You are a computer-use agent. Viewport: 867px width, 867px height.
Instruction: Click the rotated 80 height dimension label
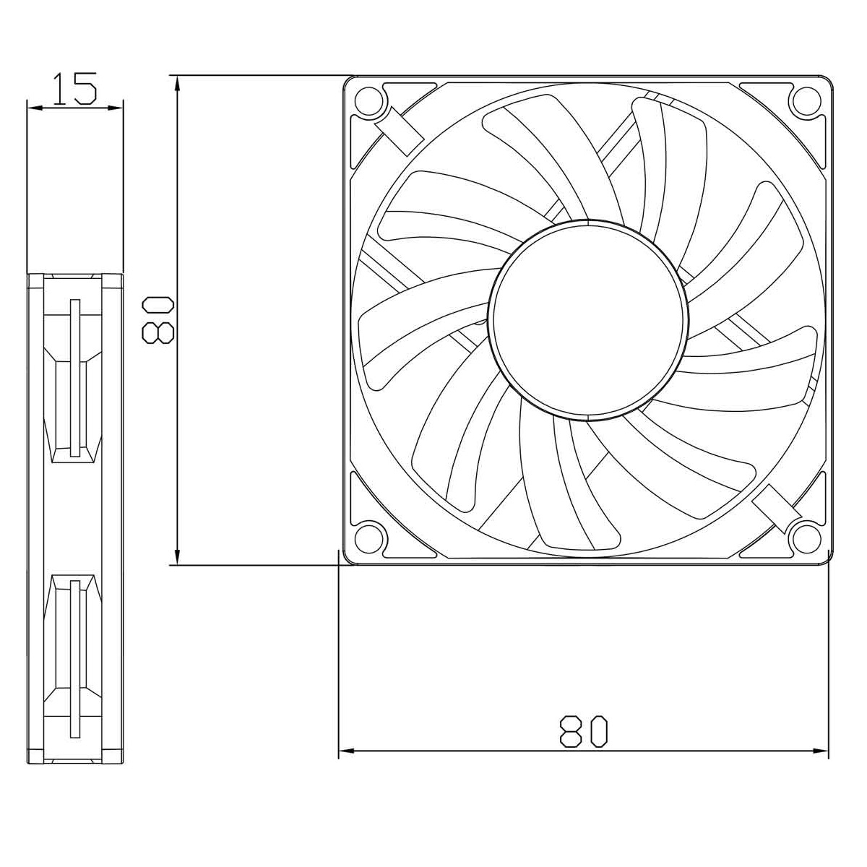pyautogui.click(x=158, y=321)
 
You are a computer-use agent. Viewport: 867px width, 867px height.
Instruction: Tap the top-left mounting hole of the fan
pyautogui.click(x=368, y=101)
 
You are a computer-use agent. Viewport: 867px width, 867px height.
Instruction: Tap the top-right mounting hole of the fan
pyautogui.click(x=806, y=101)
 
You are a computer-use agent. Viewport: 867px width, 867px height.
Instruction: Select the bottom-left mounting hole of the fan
pyautogui.click(x=368, y=537)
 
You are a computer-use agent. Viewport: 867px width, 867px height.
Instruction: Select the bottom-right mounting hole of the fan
pyautogui.click(x=806, y=537)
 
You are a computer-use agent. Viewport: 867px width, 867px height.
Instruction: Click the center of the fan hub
pyautogui.click(x=589, y=320)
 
